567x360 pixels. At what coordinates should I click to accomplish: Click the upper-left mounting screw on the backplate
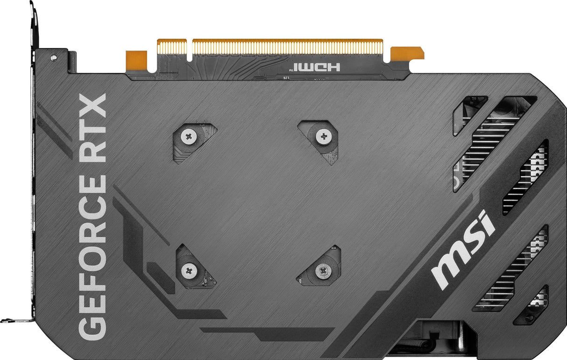pos(189,137)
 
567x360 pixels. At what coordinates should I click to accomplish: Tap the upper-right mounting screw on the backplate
pos(323,137)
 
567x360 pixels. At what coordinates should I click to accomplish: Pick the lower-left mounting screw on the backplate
pos(189,270)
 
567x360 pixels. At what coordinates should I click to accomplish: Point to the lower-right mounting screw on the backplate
pos(323,269)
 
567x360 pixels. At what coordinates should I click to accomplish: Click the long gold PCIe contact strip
pos(287,47)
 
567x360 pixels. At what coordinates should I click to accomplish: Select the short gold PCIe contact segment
pos(172,47)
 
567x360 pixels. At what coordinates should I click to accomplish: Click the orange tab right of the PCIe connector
pos(407,54)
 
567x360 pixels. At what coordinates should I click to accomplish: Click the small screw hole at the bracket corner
pos(54,57)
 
